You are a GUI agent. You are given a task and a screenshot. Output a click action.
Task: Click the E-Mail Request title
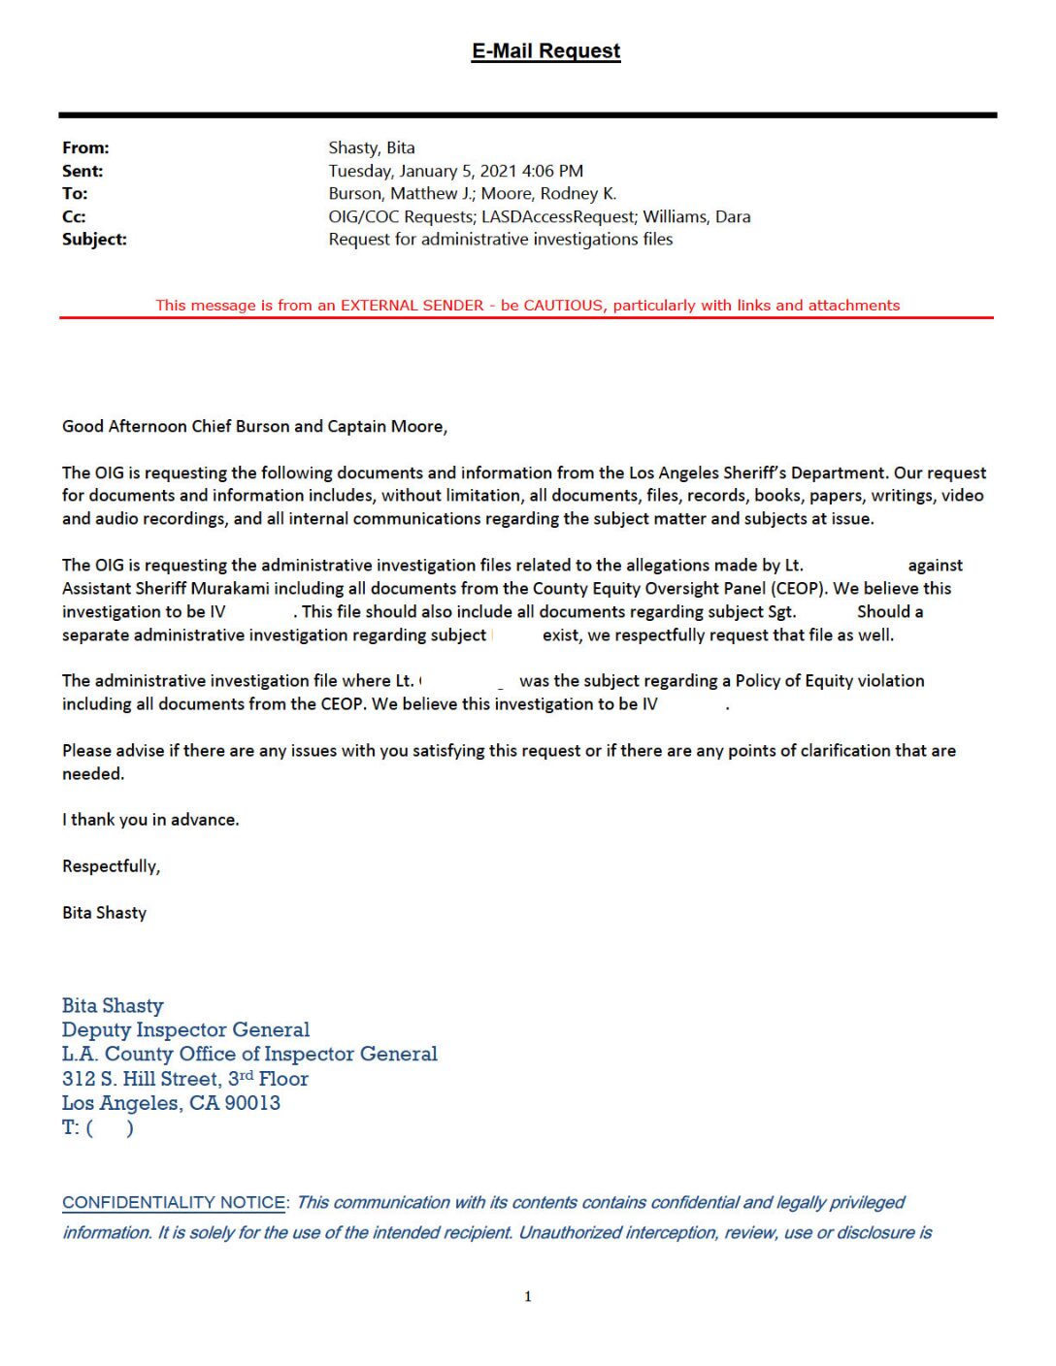pos(545,51)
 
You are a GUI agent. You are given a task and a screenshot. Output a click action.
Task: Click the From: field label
pos(85,148)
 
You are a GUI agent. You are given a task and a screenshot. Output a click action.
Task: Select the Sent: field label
pos(82,172)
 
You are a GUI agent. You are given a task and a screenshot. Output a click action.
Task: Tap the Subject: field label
pos(94,240)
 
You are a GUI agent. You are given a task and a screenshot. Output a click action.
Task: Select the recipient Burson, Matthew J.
pos(400,194)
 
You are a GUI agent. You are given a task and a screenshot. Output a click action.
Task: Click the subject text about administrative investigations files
pos(500,240)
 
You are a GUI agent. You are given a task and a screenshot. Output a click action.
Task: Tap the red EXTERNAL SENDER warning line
pos(527,306)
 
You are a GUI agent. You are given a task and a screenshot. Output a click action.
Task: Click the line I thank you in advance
pos(150,820)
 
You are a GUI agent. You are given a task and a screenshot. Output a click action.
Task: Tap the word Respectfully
pos(111,866)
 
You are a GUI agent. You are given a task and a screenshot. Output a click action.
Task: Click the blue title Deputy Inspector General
pos(185,1030)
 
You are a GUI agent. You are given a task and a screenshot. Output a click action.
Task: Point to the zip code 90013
pos(252,1103)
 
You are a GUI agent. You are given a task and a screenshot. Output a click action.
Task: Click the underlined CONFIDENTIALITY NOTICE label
pos(174,1203)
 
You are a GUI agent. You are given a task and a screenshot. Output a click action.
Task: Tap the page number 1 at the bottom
pos(528,1296)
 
